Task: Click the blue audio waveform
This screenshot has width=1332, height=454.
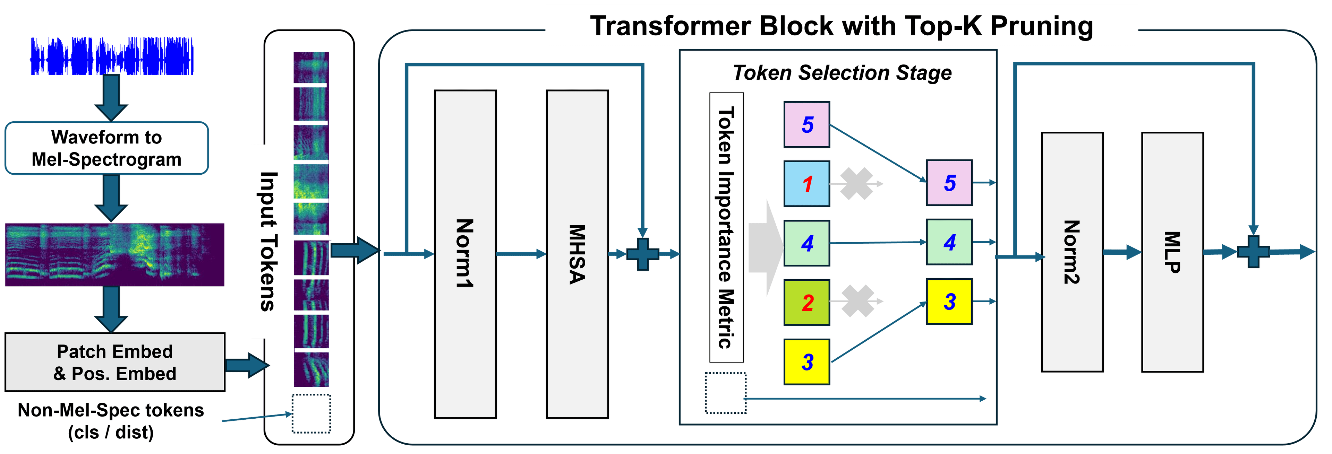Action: point(111,56)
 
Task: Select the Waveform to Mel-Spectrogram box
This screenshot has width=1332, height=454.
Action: point(106,148)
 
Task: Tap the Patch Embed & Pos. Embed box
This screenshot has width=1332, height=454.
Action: point(115,362)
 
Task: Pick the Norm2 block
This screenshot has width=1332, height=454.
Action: point(1072,252)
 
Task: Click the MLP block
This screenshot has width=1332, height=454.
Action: point(1172,252)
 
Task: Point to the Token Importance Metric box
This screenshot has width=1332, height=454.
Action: point(726,227)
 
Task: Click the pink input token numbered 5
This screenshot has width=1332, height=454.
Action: point(806,124)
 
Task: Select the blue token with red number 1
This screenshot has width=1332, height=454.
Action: point(806,184)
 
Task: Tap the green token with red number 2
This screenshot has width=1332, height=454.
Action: point(806,302)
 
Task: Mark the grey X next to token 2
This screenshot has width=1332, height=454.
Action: point(857,301)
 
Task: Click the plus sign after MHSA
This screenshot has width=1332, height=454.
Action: point(643,254)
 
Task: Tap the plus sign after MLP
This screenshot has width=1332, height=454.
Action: point(1253,252)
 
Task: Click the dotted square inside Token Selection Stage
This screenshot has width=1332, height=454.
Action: point(725,393)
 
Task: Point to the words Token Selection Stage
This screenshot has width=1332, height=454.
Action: point(842,73)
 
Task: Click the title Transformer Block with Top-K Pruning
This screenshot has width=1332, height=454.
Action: point(841,26)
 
